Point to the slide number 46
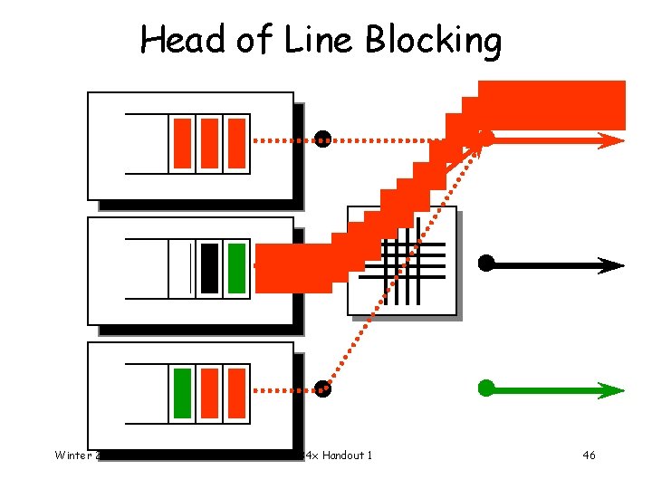coord(589,455)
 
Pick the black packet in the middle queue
coord(210,269)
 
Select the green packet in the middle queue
coord(236,269)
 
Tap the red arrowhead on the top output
coord(611,139)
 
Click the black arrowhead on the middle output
coord(611,265)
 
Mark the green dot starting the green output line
coord(486,388)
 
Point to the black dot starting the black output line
coord(486,264)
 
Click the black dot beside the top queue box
coord(322,139)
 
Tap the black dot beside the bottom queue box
coord(323,390)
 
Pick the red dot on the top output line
coord(486,138)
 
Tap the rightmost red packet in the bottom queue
coord(236,394)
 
